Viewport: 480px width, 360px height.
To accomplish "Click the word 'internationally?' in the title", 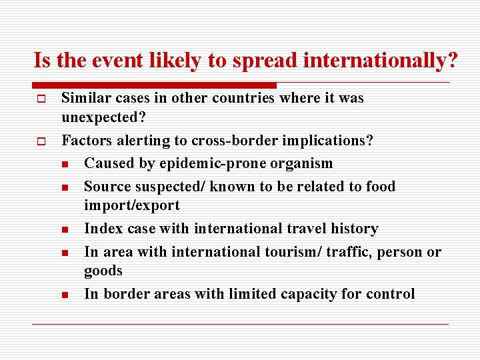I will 381,61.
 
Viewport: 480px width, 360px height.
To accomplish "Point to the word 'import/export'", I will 132,205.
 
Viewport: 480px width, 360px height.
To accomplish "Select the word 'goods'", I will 103,271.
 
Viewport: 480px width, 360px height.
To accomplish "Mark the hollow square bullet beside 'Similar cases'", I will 40,99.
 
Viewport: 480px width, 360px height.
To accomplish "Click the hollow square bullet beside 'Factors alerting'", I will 40,141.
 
